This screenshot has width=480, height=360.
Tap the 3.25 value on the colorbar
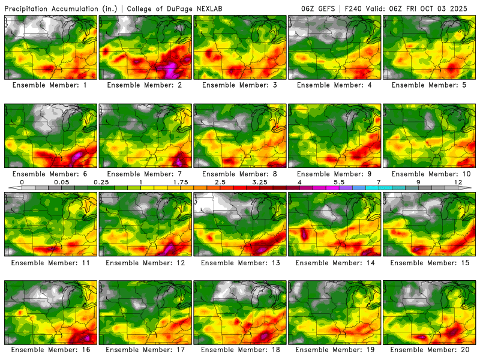(260, 182)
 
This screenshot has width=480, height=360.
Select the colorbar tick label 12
(458, 182)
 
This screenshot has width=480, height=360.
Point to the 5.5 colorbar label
(339, 182)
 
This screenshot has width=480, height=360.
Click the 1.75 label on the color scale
(181, 182)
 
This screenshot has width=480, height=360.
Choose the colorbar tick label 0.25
(101, 182)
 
